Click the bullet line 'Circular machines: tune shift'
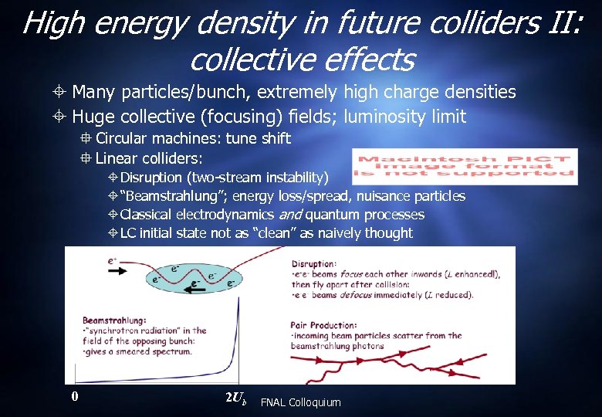click(x=192, y=139)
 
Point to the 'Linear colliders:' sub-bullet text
click(x=149, y=158)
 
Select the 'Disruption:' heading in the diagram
click(x=314, y=263)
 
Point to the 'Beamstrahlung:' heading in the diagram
click(x=114, y=319)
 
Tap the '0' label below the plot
click(x=74, y=396)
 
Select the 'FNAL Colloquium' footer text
click(x=300, y=402)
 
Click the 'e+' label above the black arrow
click(x=113, y=261)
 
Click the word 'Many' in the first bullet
click(x=93, y=93)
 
